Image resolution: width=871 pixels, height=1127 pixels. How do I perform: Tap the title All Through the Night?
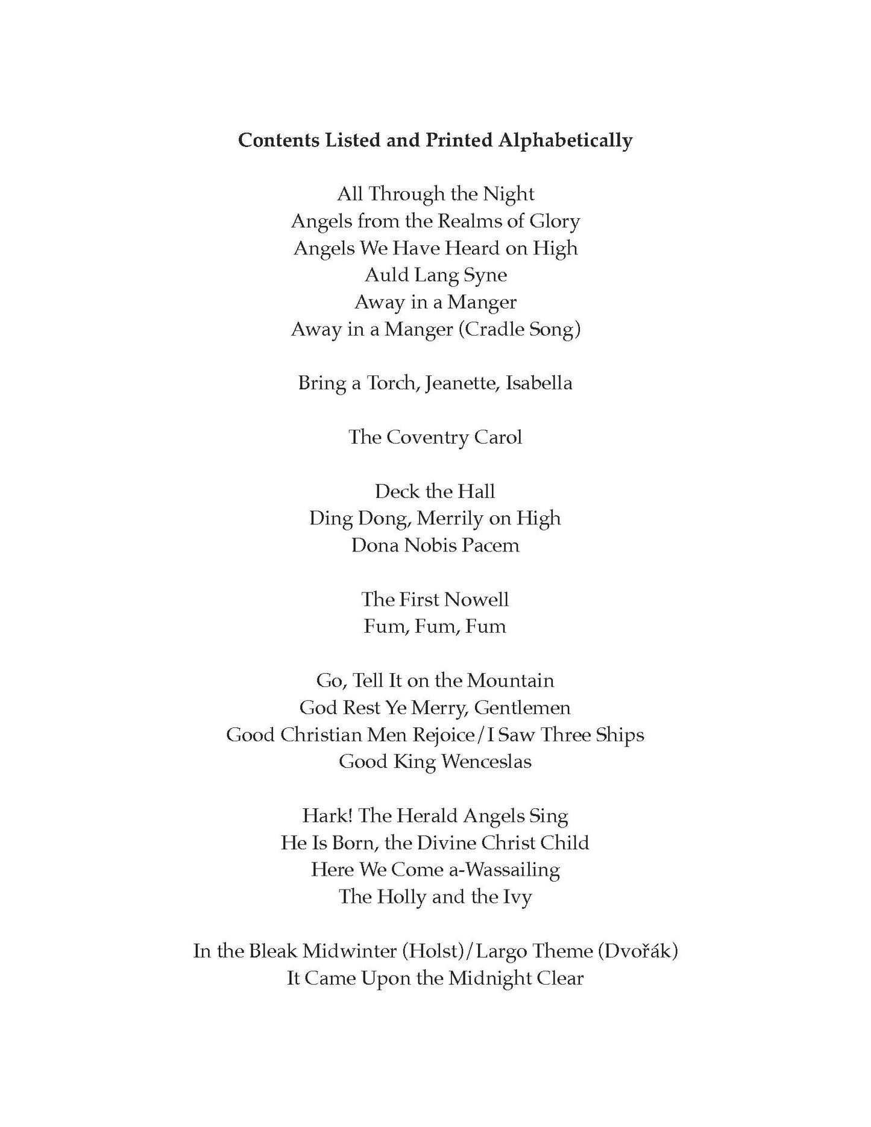click(x=435, y=194)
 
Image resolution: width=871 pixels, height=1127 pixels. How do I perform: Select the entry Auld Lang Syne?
click(x=435, y=275)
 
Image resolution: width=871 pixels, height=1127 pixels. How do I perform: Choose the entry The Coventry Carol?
click(x=435, y=437)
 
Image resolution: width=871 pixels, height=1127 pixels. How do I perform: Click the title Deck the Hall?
click(x=435, y=491)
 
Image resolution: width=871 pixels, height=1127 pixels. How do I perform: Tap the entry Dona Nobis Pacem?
click(x=435, y=545)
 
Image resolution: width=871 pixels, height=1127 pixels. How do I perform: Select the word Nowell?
click(x=476, y=599)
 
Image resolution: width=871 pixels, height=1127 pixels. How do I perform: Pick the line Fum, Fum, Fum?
click(x=435, y=626)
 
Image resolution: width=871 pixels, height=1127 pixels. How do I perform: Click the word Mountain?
click(x=511, y=680)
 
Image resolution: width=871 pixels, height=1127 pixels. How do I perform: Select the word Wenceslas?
click(x=486, y=762)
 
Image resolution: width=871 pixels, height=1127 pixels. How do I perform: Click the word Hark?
click(x=327, y=816)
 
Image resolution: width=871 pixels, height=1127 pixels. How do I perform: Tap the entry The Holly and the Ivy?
click(x=435, y=897)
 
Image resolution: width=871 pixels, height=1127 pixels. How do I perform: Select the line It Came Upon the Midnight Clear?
click(x=435, y=978)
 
